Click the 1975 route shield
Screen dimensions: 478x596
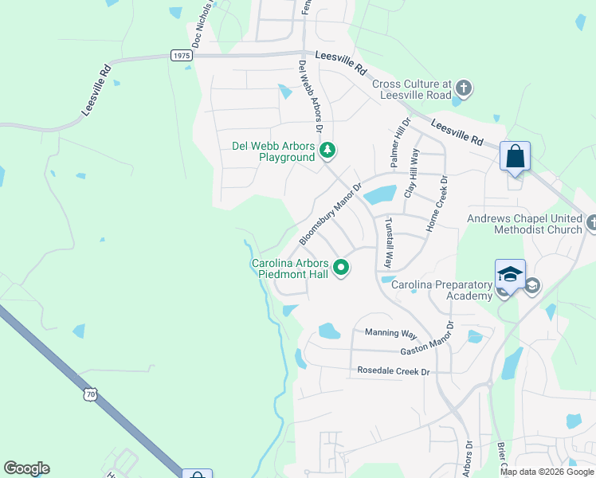point(181,55)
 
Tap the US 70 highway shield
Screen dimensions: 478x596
point(91,393)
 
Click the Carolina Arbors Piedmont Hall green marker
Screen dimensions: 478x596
point(341,268)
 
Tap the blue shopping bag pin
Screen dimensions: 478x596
point(516,155)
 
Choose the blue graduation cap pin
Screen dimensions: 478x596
point(510,274)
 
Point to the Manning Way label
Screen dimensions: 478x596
point(391,333)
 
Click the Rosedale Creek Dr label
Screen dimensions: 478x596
point(394,371)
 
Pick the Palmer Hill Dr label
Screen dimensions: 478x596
point(399,143)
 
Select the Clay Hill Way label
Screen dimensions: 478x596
point(412,173)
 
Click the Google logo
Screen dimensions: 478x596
point(26,468)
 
